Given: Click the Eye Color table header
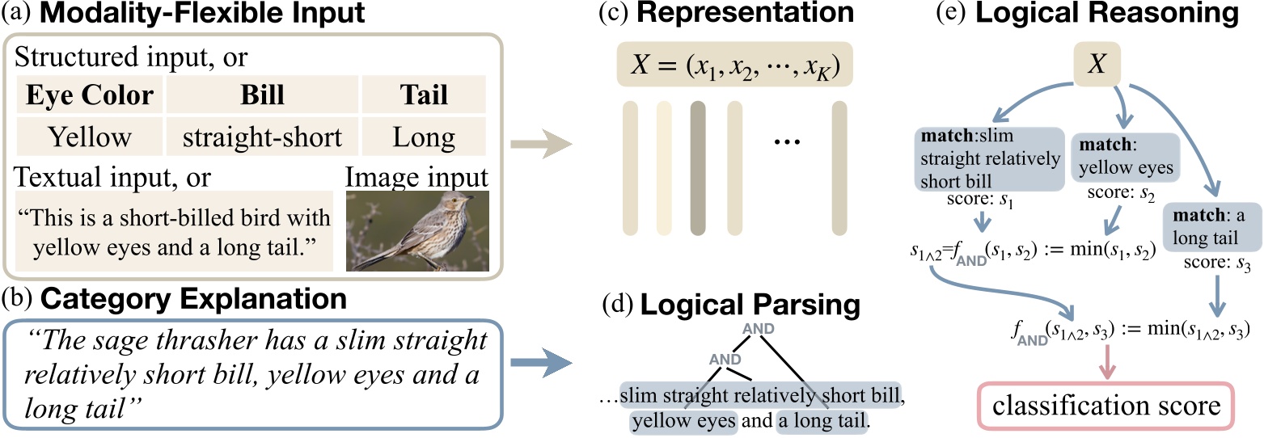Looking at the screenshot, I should (x=90, y=95).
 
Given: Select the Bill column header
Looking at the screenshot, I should (x=262, y=95).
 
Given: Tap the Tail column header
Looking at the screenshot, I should (x=424, y=95).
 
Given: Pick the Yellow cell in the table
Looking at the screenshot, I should (x=90, y=137).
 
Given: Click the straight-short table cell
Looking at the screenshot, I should (x=262, y=137).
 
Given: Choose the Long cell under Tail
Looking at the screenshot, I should (x=424, y=137).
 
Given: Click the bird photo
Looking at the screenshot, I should (x=417, y=230).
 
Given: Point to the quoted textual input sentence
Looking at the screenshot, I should (x=174, y=230).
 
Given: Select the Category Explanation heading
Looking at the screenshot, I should (x=194, y=300).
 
